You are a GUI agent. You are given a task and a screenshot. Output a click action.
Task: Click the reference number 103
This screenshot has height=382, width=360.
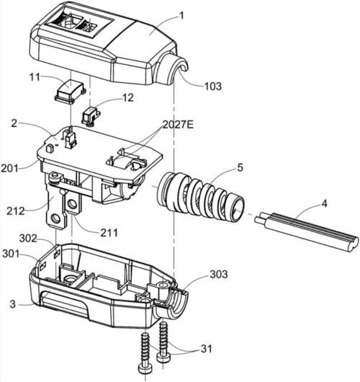(x=212, y=86)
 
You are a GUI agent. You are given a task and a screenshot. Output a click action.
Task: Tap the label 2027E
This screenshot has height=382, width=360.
(x=178, y=125)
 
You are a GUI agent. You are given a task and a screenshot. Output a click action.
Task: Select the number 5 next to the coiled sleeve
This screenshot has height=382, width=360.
(x=240, y=168)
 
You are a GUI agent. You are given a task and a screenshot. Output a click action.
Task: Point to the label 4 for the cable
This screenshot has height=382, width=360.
(x=324, y=204)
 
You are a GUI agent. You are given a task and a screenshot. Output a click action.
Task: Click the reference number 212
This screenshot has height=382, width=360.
(x=16, y=211)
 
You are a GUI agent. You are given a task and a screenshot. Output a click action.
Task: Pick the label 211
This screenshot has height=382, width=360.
(x=109, y=233)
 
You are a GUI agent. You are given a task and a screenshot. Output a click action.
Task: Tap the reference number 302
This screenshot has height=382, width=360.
(x=28, y=239)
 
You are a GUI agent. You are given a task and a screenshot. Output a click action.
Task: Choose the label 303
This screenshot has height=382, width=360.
(x=219, y=275)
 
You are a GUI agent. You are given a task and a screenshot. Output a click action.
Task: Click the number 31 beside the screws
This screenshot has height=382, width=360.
(x=206, y=349)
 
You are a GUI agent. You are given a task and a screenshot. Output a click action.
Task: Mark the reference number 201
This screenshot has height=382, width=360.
(x=10, y=169)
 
